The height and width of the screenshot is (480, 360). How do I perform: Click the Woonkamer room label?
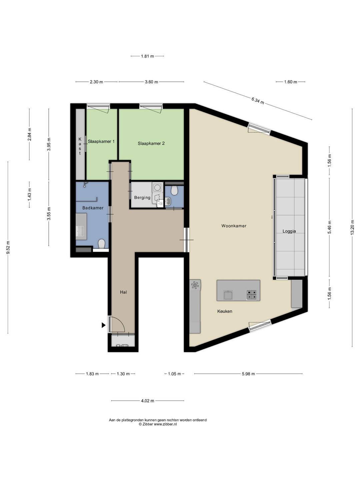point(234,226)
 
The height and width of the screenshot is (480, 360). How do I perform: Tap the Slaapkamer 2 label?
point(151,143)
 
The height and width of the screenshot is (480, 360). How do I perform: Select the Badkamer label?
point(93,208)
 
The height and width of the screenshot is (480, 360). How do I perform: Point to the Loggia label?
point(289,231)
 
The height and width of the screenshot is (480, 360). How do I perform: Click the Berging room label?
point(142,198)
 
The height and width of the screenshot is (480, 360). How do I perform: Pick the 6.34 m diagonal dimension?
point(258,101)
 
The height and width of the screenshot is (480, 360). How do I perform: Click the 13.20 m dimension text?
point(352,227)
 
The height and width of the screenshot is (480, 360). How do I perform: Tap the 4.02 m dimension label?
point(148,401)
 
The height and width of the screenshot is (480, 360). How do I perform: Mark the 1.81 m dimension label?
point(147,56)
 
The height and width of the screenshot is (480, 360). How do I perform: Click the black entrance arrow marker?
point(103,325)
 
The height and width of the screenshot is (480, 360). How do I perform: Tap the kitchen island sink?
point(228,295)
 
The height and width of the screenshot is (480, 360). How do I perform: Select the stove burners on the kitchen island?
point(251,295)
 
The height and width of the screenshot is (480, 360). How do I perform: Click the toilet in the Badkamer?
point(102,244)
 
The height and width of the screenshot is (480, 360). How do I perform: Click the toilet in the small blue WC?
point(174,190)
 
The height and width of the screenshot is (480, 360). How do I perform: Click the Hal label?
point(123,292)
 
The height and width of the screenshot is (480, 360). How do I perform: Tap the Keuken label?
point(225,311)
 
